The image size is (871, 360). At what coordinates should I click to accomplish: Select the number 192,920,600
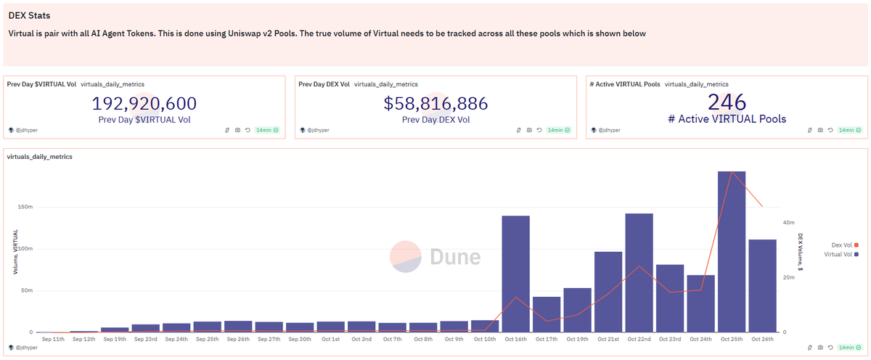(x=145, y=104)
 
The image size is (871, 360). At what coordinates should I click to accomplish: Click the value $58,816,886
(x=435, y=104)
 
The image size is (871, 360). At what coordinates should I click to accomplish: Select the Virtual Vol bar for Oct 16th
(x=515, y=274)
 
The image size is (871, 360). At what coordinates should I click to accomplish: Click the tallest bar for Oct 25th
(x=732, y=252)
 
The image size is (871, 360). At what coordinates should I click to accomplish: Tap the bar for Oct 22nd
(x=639, y=273)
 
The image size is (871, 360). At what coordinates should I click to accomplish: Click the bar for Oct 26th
(x=762, y=286)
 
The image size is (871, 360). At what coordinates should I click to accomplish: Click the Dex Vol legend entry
(x=841, y=245)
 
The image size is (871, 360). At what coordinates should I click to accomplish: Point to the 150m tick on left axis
(x=25, y=207)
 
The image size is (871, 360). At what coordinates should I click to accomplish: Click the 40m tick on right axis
(x=789, y=223)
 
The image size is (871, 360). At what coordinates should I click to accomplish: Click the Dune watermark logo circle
(x=406, y=257)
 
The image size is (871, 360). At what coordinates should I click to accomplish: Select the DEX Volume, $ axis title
(x=800, y=252)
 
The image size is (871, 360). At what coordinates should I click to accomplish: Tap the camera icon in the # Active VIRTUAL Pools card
(x=820, y=130)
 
